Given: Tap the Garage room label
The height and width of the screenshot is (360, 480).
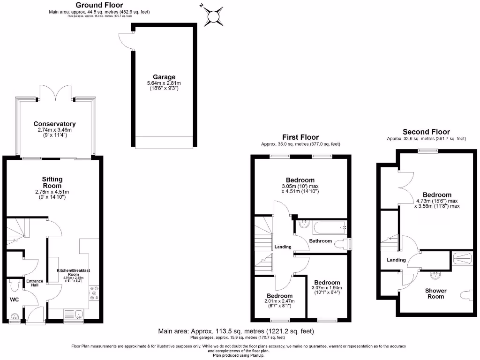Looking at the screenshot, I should pos(164,77).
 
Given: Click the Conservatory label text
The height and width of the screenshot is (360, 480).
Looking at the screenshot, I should pos(54,124).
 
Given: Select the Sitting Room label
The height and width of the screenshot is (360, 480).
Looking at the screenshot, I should pos(52,182).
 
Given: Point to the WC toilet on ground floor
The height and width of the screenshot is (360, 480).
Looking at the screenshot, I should pos(14,284).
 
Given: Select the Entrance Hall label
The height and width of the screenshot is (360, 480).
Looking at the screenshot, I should pos(34,284).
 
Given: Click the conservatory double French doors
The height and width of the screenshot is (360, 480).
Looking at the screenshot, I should pos(55,92).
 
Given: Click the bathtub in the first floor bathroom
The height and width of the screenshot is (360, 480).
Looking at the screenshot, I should pos(329,228).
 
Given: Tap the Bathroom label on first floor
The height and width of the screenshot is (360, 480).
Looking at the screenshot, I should pos(321,241).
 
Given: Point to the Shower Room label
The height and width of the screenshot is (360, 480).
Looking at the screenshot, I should pos(436,293).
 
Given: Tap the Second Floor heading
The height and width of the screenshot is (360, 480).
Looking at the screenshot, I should pos(426,132).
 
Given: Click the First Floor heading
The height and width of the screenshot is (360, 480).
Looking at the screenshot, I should pos(300,137).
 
